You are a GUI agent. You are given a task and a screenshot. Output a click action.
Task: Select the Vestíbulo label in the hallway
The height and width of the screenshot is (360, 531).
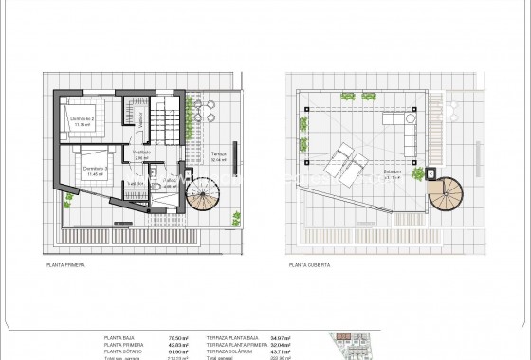click(141, 153)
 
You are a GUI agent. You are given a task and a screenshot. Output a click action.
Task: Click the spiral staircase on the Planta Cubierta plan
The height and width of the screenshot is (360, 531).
click(441, 193)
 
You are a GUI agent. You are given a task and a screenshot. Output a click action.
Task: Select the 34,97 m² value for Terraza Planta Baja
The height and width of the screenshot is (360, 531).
click(280, 336)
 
